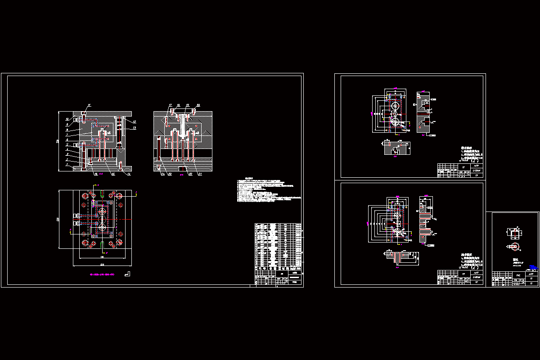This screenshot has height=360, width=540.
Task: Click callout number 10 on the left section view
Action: coord(67,119)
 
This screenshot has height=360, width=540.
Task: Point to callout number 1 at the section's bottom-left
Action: coord(67,165)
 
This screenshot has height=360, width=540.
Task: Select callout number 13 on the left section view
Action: coord(134,128)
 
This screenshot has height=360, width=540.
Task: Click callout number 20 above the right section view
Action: coord(198,105)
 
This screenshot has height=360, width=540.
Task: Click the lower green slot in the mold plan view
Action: coord(103,245)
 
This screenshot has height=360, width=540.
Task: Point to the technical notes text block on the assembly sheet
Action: coord(265,191)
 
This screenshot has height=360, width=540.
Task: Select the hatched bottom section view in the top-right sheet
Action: coord(396,148)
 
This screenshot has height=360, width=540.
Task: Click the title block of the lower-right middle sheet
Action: coord(460,278)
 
